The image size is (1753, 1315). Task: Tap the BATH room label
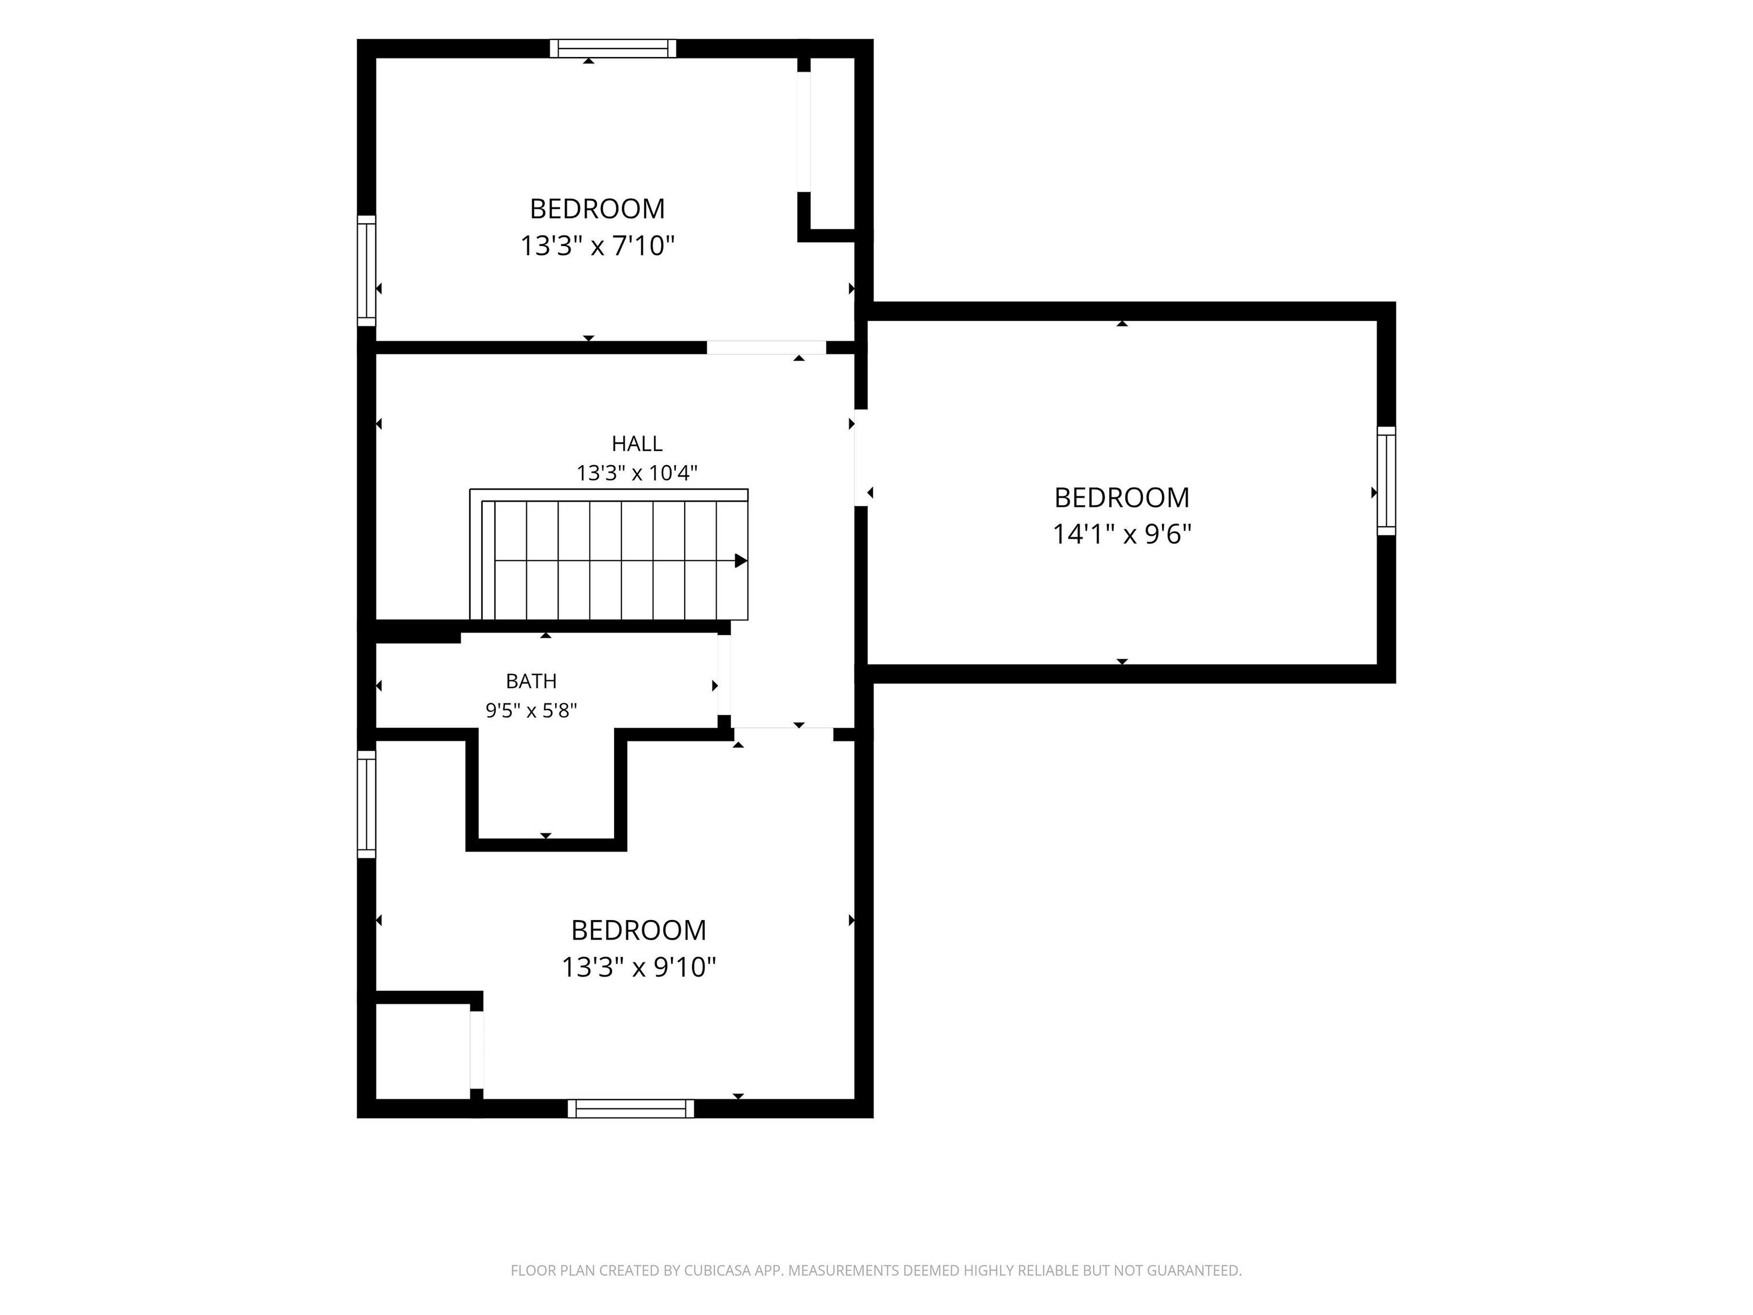click(531, 681)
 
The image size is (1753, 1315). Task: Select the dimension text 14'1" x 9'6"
click(1121, 534)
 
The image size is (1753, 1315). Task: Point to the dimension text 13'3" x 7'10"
click(597, 246)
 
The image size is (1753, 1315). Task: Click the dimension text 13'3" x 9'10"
click(639, 967)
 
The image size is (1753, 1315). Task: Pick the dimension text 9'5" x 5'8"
click(531, 710)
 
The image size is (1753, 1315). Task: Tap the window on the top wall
click(613, 49)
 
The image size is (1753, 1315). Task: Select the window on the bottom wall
click(631, 1108)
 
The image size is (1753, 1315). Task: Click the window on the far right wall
click(1386, 481)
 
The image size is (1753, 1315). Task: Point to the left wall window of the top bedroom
click(366, 271)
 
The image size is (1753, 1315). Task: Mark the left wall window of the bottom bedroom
click(366, 804)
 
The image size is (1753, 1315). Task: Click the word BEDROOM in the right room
click(1121, 498)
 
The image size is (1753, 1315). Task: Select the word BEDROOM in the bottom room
click(639, 930)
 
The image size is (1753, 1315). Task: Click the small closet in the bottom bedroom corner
click(423, 1051)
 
